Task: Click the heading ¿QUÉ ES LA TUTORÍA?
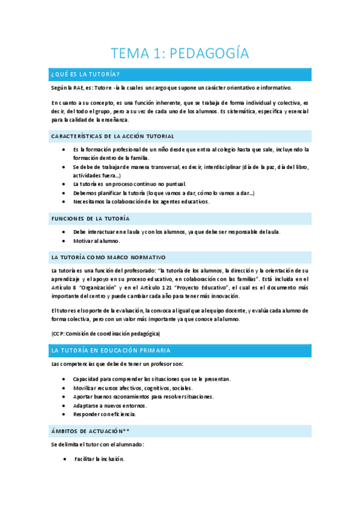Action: [86, 74]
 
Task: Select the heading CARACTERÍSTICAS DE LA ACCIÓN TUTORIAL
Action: [113, 136]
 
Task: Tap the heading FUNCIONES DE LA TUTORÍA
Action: [90, 218]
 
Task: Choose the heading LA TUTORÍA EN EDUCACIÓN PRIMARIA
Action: [111, 350]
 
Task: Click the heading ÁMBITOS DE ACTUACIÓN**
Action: [90, 431]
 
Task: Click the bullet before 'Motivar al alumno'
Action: [64, 241]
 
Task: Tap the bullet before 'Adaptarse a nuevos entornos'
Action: [64, 405]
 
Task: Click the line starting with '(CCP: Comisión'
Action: [106, 333]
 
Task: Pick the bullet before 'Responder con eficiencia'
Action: [64, 414]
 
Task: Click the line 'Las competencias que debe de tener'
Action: [118, 364]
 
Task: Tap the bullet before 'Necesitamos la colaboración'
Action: [64, 201]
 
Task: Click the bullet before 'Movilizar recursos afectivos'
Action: [64, 388]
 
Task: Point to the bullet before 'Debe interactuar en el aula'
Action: [64, 232]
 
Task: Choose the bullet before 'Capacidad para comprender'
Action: [64, 379]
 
